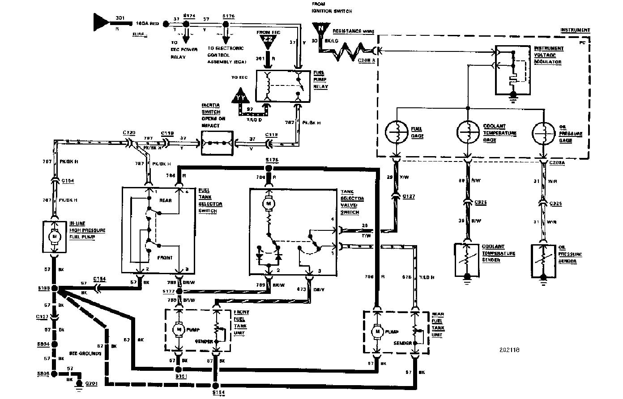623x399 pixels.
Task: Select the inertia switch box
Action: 217,143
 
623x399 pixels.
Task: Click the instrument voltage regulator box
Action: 513,70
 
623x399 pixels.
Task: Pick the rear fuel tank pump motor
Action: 377,331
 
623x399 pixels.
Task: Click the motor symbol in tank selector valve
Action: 269,204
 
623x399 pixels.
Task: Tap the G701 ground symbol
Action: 79,383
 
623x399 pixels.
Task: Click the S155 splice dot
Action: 55,289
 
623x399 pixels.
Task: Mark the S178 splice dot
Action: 269,168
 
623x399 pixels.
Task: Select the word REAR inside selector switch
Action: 165,200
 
